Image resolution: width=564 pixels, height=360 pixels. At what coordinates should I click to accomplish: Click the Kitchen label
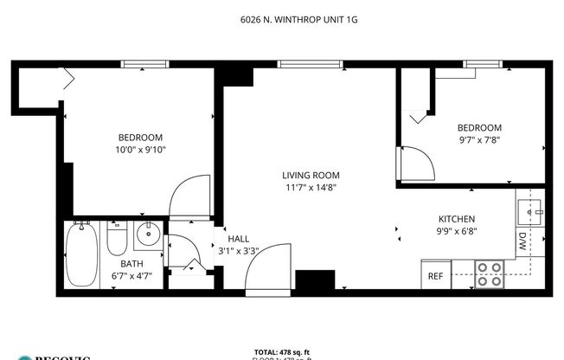coord(456,219)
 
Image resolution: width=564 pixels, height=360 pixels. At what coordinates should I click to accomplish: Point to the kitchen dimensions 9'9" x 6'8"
coord(456,231)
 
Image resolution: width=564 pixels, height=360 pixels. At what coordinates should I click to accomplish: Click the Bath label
coord(131,264)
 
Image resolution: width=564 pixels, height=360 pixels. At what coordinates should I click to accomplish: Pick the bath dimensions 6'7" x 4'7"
coord(131,275)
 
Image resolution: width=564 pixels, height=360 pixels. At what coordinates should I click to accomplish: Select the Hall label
coord(238,239)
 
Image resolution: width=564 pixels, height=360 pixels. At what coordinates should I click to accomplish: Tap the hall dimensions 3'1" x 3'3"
coord(238,251)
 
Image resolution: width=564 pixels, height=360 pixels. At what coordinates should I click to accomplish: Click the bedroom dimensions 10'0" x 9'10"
coord(140,150)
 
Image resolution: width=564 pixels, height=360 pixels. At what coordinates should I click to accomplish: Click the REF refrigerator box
coord(436,276)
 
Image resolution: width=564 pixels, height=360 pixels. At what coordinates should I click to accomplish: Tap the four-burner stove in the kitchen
coord(490,274)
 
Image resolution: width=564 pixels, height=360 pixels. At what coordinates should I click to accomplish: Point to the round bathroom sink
coord(148,233)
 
